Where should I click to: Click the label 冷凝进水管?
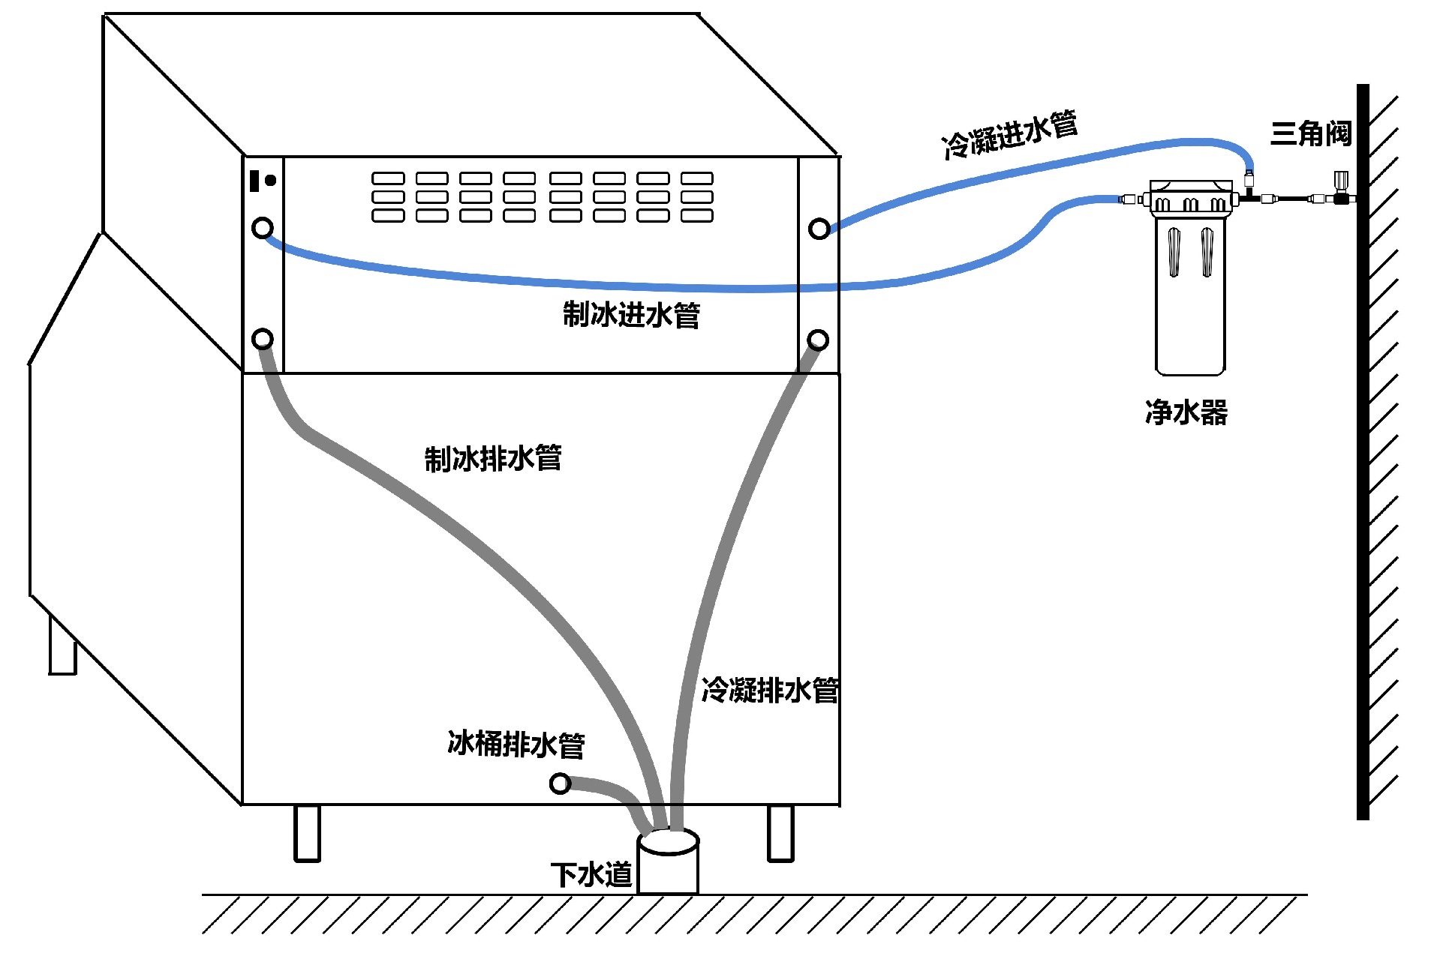(1009, 135)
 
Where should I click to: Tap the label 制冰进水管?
(631, 315)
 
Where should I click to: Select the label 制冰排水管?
(493, 458)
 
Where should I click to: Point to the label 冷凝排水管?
(770, 690)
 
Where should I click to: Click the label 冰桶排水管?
(516, 745)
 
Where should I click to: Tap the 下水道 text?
(591, 875)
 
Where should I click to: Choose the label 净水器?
(1186, 412)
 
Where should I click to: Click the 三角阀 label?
(1310, 134)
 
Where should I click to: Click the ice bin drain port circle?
(560, 784)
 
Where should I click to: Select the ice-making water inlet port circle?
(263, 227)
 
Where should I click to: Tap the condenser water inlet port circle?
(819, 229)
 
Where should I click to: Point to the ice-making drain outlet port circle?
(263, 339)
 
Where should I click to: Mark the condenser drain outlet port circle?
(818, 340)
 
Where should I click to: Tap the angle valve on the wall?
(1340, 192)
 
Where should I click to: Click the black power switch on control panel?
(254, 181)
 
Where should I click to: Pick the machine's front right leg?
(780, 833)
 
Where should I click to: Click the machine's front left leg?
(307, 833)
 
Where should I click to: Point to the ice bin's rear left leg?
(62, 646)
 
